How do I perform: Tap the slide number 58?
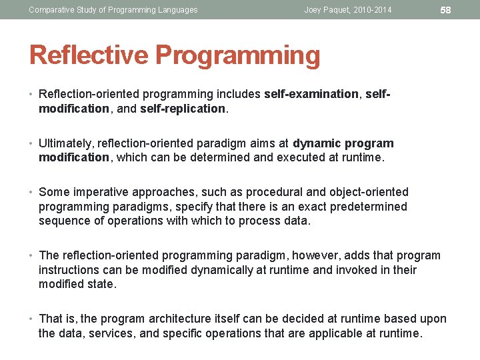446,9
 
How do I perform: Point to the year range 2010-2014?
374,10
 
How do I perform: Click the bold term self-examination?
311,94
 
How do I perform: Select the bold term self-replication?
183,109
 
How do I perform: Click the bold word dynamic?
316,143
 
